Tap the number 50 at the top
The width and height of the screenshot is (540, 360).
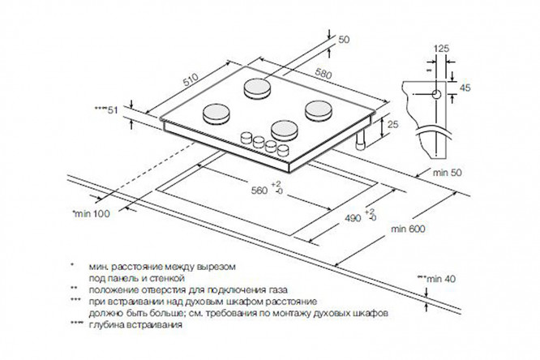tap(343, 39)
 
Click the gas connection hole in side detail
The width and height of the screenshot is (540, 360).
tap(437, 94)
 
